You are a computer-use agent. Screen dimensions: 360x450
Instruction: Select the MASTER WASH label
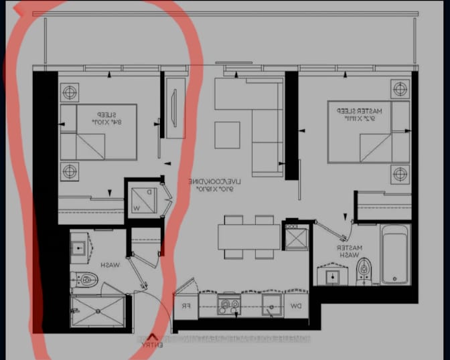point(350,251)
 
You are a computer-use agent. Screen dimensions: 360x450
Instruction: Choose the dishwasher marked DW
point(296,306)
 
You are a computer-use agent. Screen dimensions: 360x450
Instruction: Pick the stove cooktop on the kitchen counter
point(230,306)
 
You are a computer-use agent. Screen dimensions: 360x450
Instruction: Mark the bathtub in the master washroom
point(394,254)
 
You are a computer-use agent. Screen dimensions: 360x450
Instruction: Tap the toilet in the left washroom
point(88,280)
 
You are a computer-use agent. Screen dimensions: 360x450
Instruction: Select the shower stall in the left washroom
point(97,312)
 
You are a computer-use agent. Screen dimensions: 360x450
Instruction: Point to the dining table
point(248,236)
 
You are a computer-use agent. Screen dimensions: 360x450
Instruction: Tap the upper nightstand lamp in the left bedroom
point(70,91)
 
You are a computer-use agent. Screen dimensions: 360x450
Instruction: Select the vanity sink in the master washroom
point(331,276)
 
